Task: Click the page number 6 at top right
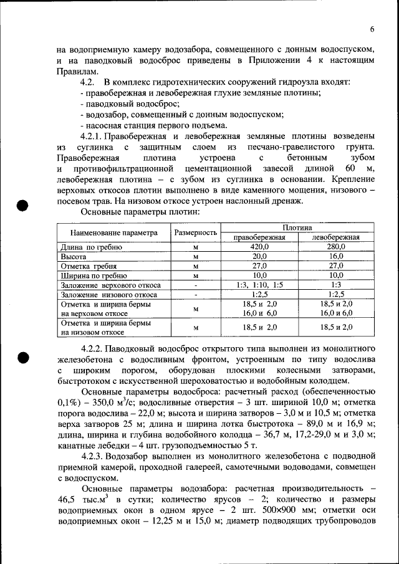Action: pyautogui.click(x=372, y=29)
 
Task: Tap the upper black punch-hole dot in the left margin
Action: pyautogui.click(x=23, y=207)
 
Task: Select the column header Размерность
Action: pyautogui.click(x=195, y=233)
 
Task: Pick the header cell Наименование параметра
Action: pyautogui.click(x=114, y=233)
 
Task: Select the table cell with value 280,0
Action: pyautogui.click(x=337, y=247)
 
